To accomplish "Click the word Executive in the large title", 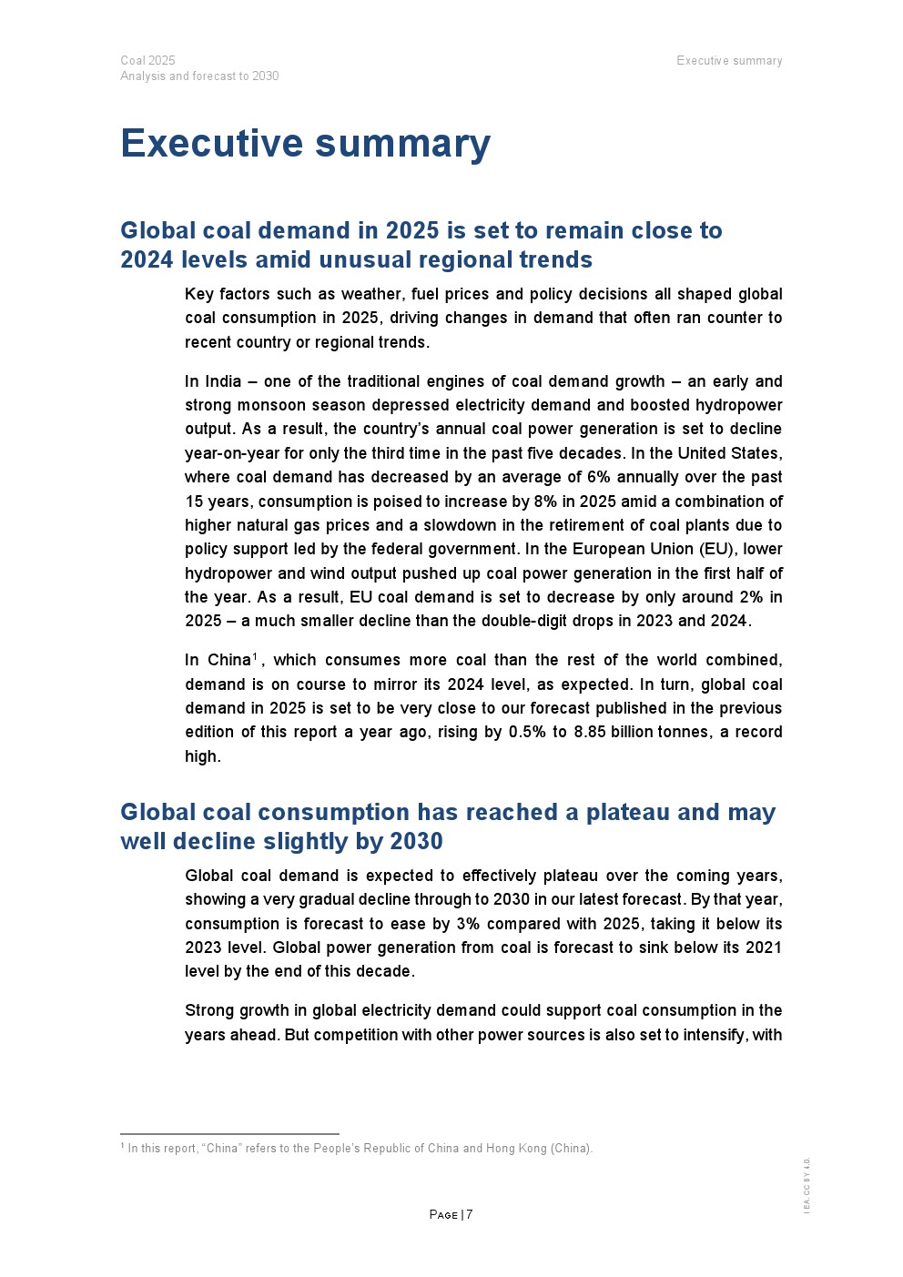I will tap(211, 144).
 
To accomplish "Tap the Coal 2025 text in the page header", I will tap(147, 60).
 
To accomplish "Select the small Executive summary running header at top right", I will tap(729, 61).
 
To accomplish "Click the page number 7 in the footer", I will tap(470, 1214).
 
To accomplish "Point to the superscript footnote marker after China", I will tap(256, 656).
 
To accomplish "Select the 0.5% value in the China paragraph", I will tap(526, 732).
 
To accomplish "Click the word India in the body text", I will tap(223, 381).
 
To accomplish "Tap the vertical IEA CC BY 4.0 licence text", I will tap(807, 1185).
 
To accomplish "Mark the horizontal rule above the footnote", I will tap(229, 1134).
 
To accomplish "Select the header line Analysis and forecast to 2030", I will tap(199, 76).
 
